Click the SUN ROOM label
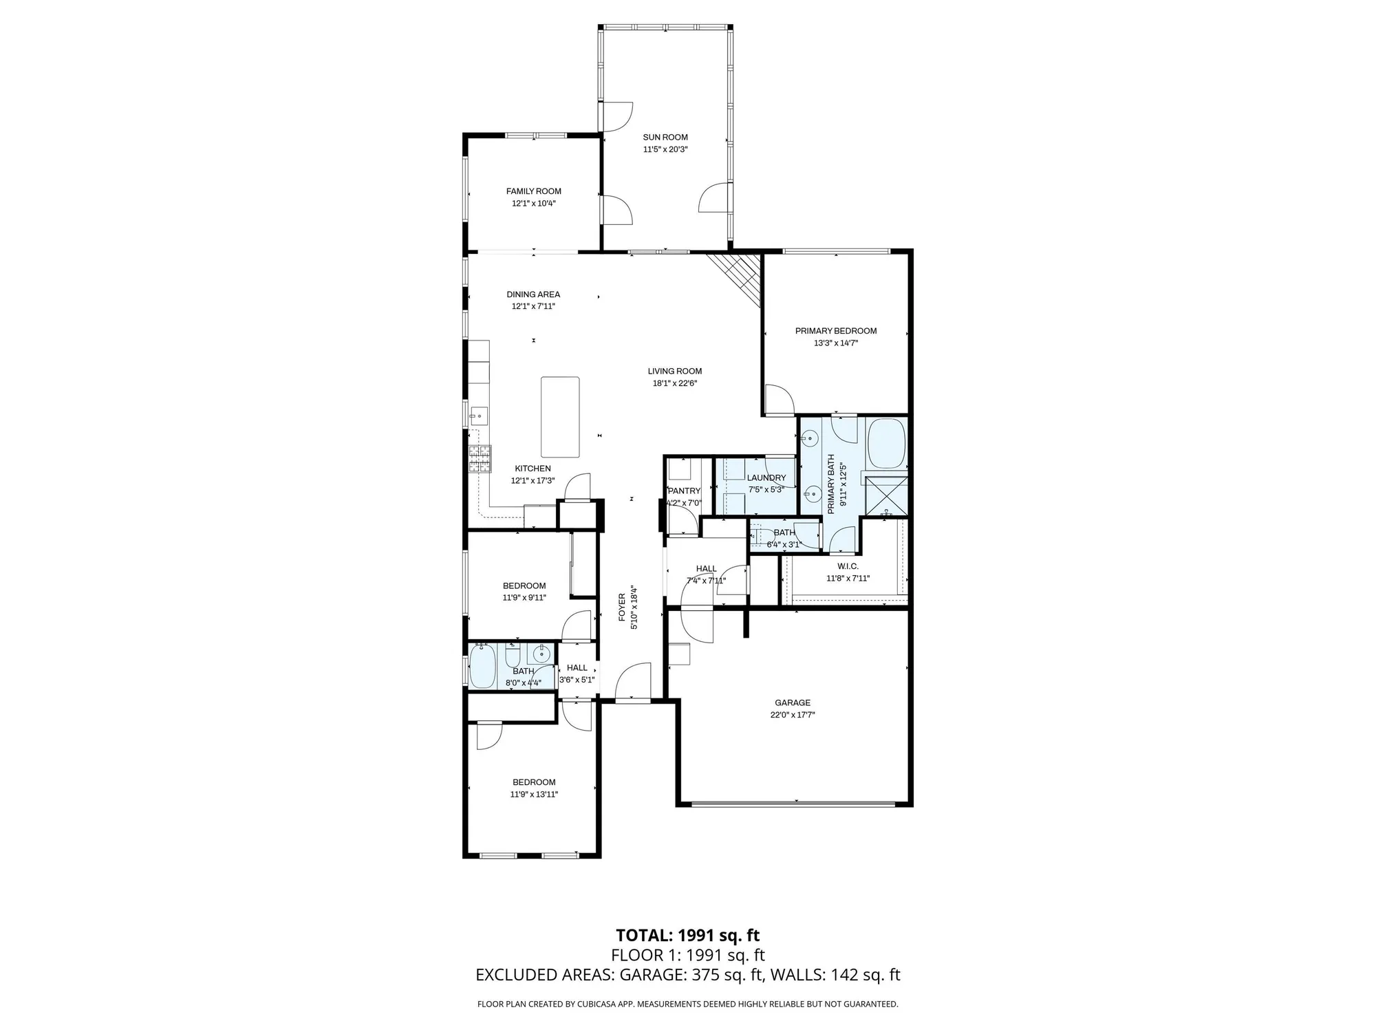pos(665,137)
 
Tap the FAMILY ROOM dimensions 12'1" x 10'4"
pos(533,204)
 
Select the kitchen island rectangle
pos(560,417)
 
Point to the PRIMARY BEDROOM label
pos(836,331)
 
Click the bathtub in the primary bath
pos(886,442)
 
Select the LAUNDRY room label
pos(766,477)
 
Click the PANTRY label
pos(684,491)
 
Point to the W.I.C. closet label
pos(848,566)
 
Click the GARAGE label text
pos(793,702)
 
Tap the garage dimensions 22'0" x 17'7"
pos(793,715)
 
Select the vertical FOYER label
pos(622,607)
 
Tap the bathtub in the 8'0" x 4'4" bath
pos(482,667)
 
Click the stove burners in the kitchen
pos(480,459)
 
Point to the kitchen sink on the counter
pos(479,416)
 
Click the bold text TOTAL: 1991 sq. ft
pos(687,935)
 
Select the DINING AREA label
pos(533,294)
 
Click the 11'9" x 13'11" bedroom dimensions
pos(534,794)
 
